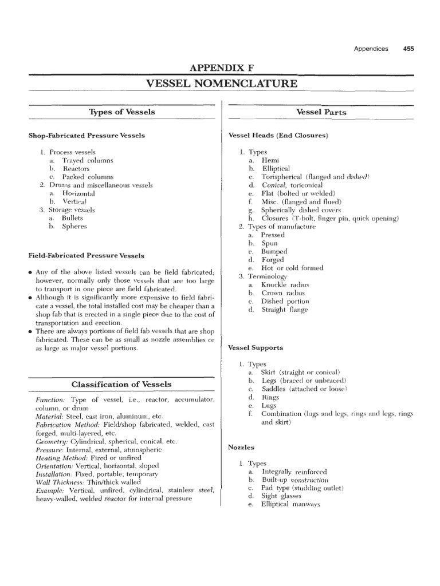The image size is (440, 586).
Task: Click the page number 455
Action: (x=408, y=49)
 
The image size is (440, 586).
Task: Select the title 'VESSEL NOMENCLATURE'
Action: (x=222, y=84)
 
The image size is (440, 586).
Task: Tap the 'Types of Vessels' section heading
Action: (x=122, y=112)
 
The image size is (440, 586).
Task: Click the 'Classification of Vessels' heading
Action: (x=121, y=384)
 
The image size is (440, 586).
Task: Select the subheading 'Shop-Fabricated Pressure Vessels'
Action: (x=87, y=136)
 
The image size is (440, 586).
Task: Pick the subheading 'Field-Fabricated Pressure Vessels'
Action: (x=87, y=255)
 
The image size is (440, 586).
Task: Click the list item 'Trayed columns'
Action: (x=88, y=161)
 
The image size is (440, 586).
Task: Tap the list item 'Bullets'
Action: (x=73, y=218)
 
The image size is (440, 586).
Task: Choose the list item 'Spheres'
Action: (x=74, y=227)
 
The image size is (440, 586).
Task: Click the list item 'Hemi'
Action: (x=270, y=161)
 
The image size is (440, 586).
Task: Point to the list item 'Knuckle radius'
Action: (x=285, y=284)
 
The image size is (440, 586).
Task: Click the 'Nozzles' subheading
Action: (x=241, y=447)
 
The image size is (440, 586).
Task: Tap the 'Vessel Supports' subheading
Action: (x=256, y=347)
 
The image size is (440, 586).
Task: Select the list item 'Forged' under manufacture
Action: (x=273, y=259)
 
